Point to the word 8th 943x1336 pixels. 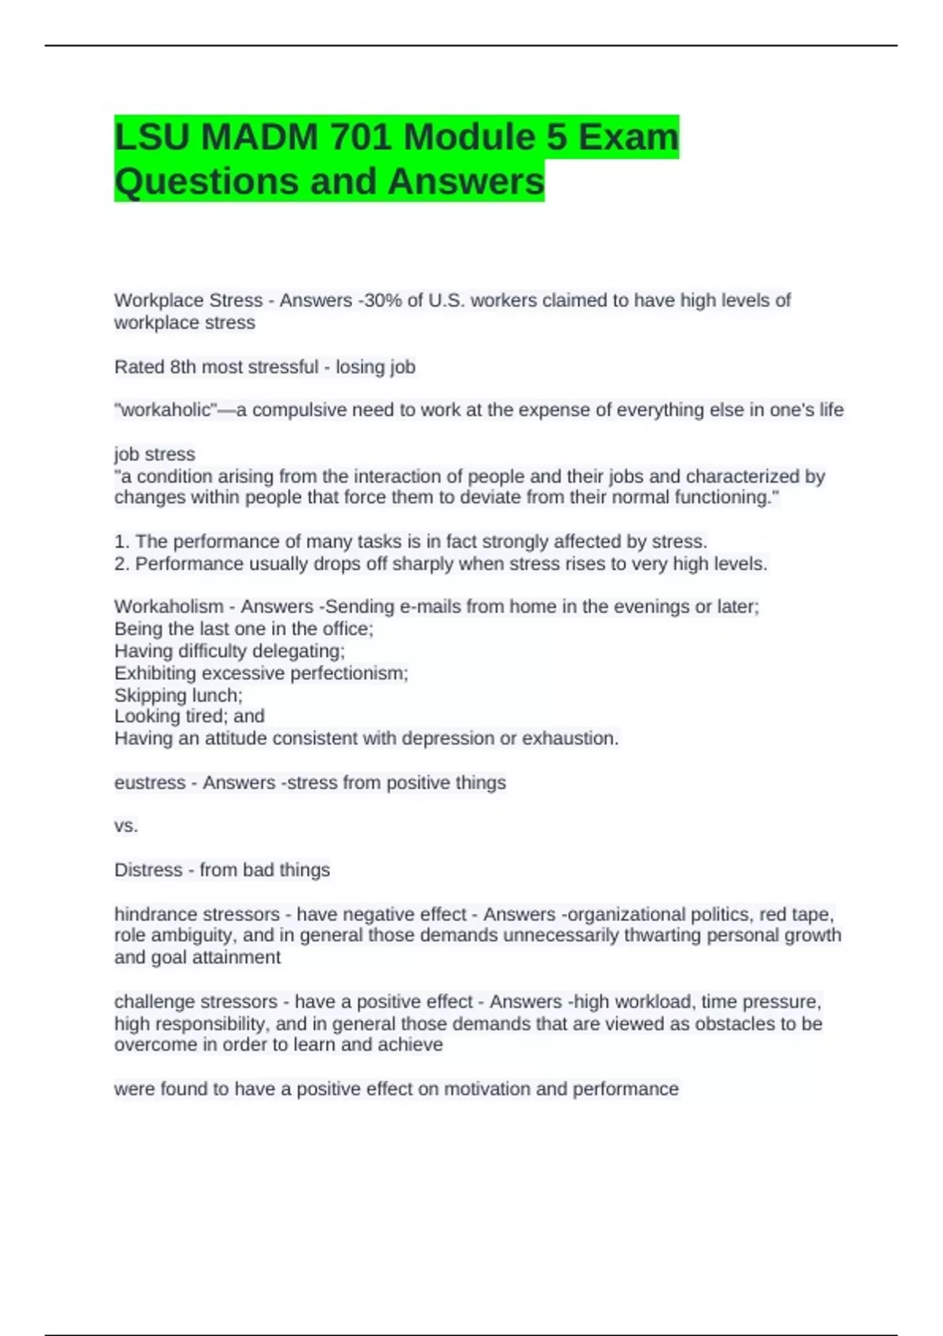[x=184, y=367]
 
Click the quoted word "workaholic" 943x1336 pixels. [x=166, y=410]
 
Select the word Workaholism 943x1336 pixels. [x=168, y=607]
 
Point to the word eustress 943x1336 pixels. [x=149, y=783]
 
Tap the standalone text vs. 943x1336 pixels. [x=126, y=826]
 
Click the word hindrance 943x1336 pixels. [x=154, y=914]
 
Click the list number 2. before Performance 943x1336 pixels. [x=122, y=564]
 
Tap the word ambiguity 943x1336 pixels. [x=189, y=935]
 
